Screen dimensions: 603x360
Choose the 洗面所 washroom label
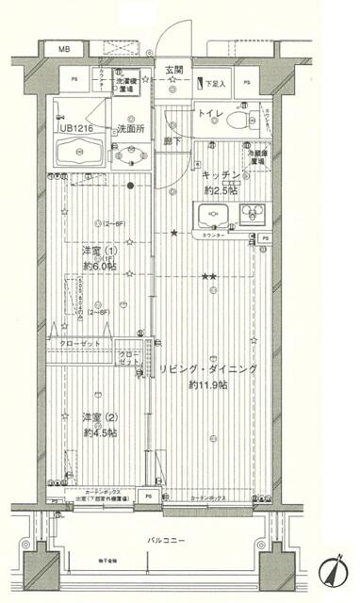[x=129, y=128]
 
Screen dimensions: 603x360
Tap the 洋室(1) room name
[x=99, y=251]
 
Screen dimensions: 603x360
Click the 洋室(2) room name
[x=99, y=417]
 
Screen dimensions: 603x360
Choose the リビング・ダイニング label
[x=208, y=368]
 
